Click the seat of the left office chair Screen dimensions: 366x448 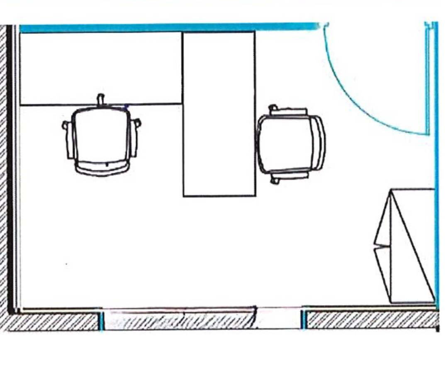pyautogui.click(x=101, y=135)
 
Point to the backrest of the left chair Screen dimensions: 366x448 pyautogui.click(x=102, y=168)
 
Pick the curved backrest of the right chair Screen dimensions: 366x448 pyautogui.click(x=319, y=143)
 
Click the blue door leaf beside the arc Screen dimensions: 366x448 pyautogui.click(x=427, y=79)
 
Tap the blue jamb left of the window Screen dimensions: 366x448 pyautogui.click(x=101, y=320)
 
